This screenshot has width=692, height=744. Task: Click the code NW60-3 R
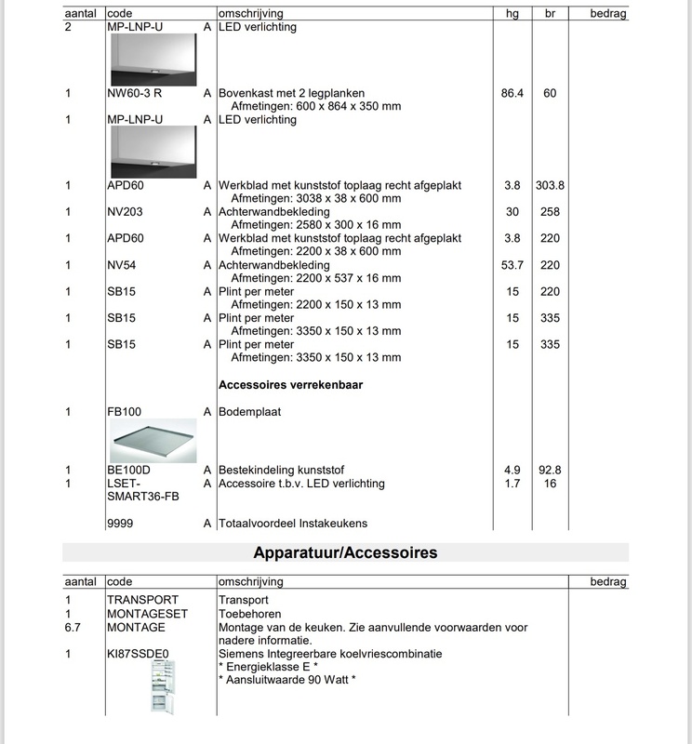click(x=135, y=94)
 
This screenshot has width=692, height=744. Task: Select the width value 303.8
click(x=550, y=186)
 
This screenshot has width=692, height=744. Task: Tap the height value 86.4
click(x=512, y=94)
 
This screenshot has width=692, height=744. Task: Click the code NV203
click(x=125, y=212)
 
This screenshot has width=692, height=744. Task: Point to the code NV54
click(x=122, y=265)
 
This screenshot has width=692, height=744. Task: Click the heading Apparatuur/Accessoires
click(x=345, y=553)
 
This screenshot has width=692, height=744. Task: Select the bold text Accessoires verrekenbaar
click(x=290, y=384)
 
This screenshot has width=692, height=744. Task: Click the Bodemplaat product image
click(x=153, y=440)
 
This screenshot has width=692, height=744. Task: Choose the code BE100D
click(x=129, y=471)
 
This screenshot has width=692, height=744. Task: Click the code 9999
click(x=121, y=524)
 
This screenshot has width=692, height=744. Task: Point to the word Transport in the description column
click(x=244, y=600)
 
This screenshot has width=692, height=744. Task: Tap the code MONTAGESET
click(x=147, y=614)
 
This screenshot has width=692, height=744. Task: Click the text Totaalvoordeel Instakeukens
click(x=293, y=524)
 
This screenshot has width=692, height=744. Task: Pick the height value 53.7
click(x=512, y=265)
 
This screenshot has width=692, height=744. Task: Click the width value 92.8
click(x=550, y=471)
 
